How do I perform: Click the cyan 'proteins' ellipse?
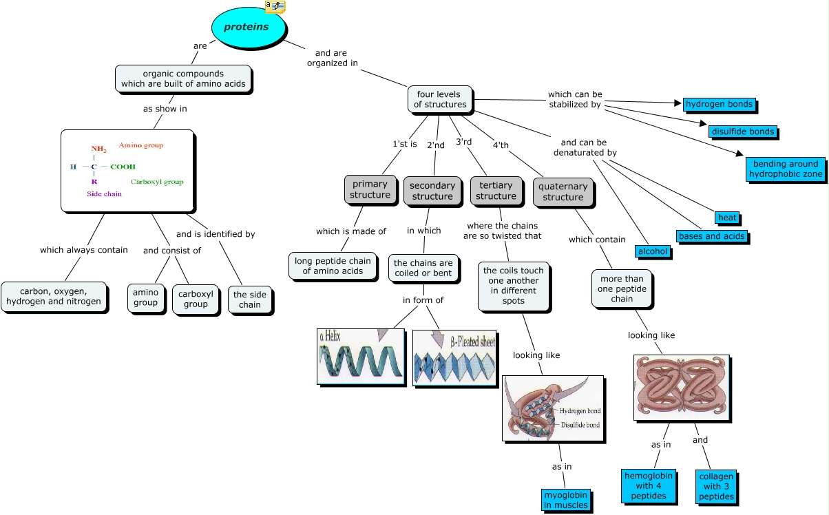click(x=249, y=28)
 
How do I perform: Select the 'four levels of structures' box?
click(x=440, y=99)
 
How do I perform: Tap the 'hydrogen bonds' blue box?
click(x=719, y=104)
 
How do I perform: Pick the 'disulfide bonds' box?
click(x=742, y=132)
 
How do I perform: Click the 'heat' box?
click(x=727, y=218)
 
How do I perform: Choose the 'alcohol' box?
click(x=652, y=251)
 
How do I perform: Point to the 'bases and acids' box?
click(x=711, y=236)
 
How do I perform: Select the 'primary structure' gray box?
click(x=370, y=189)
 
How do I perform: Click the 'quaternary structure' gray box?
click(x=563, y=191)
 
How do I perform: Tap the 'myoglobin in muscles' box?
click(x=565, y=500)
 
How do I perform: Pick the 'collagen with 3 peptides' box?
click(x=716, y=486)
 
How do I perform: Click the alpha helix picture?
click(x=360, y=356)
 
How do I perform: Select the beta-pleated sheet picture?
click(x=454, y=358)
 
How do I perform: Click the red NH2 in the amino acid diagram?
click(x=98, y=149)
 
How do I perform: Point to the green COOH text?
click(x=123, y=167)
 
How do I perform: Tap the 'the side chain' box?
click(x=250, y=299)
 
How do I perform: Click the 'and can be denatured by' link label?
click(x=585, y=147)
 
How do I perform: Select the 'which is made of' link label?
click(x=351, y=231)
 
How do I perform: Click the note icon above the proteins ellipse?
click(x=275, y=6)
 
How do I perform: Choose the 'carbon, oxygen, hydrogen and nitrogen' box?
click(x=54, y=296)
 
